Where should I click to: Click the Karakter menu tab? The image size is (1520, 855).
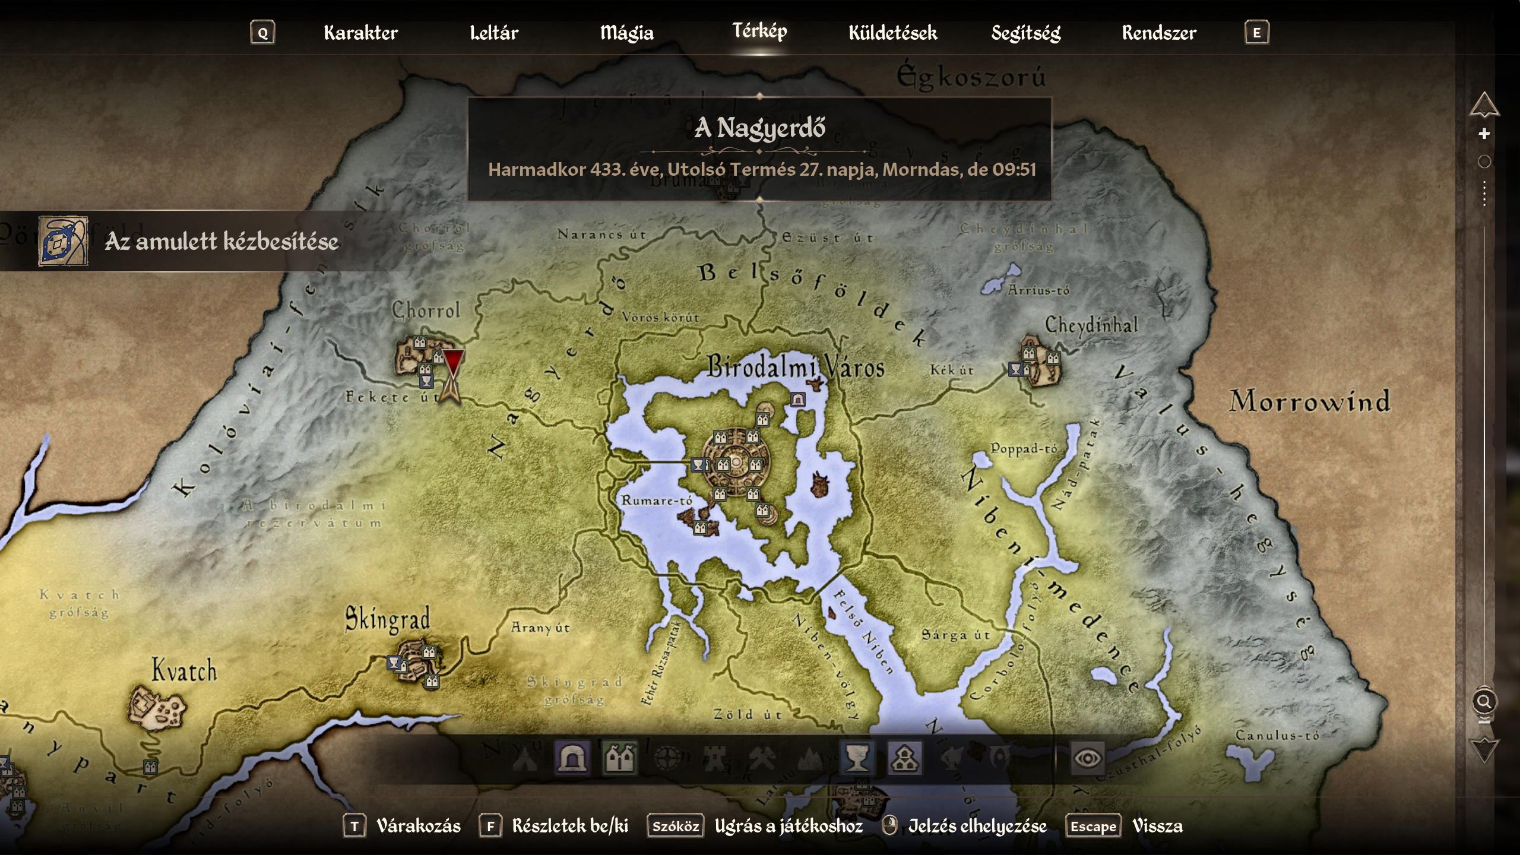[x=360, y=33]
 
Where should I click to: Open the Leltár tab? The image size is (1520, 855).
[x=494, y=33]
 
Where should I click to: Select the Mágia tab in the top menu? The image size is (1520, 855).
[x=626, y=33]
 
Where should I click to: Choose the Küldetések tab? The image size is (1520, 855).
[x=893, y=33]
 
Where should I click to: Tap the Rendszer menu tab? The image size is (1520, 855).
[x=1159, y=33]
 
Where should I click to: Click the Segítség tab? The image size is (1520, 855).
[x=1026, y=33]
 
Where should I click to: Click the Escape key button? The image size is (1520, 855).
[x=1093, y=826]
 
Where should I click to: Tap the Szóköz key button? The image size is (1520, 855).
[x=676, y=826]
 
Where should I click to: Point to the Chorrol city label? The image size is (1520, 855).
[x=426, y=310]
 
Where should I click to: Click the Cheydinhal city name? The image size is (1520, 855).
[x=1091, y=325]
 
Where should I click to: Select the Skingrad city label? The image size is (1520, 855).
[x=387, y=619]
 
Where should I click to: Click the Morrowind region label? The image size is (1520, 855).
[x=1309, y=401]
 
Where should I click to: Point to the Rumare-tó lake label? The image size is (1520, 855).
[x=657, y=501]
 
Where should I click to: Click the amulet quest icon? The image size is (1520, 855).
[x=63, y=241]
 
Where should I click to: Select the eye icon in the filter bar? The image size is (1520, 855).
[x=1087, y=758]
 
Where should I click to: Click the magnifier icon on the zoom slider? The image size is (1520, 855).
[x=1484, y=702]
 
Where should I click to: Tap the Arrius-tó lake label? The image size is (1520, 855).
[x=1038, y=290]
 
